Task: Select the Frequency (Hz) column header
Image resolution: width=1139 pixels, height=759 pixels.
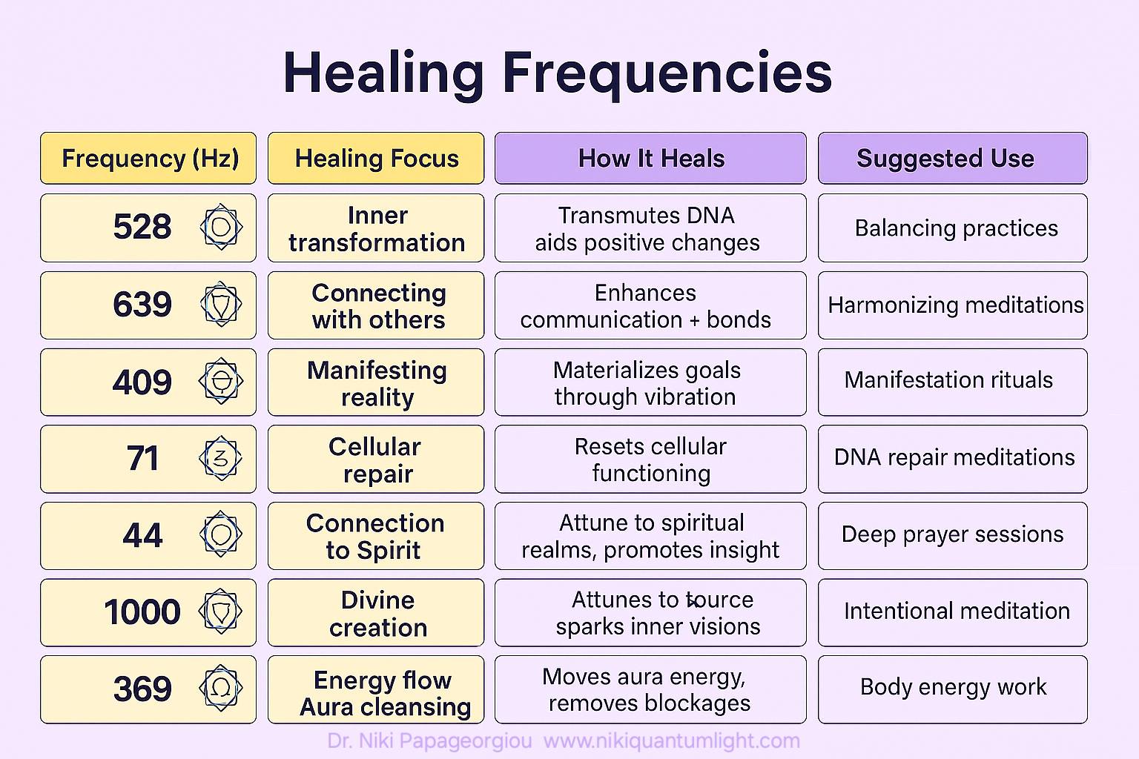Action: (148, 158)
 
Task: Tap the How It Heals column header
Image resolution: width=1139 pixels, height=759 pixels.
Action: (650, 158)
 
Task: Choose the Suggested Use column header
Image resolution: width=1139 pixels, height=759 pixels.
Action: (952, 158)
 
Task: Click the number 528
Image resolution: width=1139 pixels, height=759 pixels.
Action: (142, 227)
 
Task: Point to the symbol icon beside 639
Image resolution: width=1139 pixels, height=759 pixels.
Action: (221, 304)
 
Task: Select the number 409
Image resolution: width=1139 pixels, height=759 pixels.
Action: (142, 382)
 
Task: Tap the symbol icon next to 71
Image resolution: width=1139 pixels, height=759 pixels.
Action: (221, 458)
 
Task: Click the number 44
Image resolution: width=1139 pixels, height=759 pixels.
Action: (142, 536)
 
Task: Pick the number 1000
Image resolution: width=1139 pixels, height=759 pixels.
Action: (142, 612)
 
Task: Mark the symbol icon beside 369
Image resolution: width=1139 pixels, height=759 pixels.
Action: (221, 688)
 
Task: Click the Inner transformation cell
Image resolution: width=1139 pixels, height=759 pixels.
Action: (376, 228)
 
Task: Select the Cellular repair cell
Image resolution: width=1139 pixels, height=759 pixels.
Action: (376, 459)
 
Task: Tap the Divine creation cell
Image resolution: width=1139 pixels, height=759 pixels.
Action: (376, 612)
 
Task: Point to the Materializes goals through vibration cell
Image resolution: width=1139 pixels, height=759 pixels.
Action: (650, 382)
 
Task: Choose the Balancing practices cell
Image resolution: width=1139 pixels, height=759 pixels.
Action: (952, 228)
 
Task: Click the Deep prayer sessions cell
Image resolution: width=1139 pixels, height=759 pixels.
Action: (952, 536)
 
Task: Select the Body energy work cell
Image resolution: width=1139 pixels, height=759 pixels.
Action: (952, 689)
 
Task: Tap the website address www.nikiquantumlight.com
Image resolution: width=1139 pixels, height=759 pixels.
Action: (672, 741)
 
